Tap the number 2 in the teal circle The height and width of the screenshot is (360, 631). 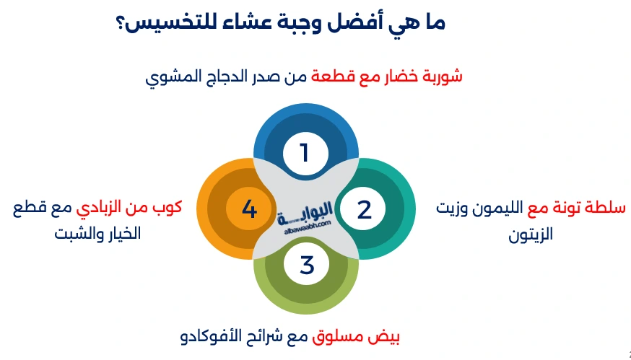point(364,209)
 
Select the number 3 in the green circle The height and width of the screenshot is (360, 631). point(307,265)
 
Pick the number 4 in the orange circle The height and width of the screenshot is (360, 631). point(249,209)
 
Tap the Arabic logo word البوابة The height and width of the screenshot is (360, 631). point(307,211)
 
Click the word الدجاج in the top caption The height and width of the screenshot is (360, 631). point(229,76)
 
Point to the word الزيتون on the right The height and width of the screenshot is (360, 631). point(531,234)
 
